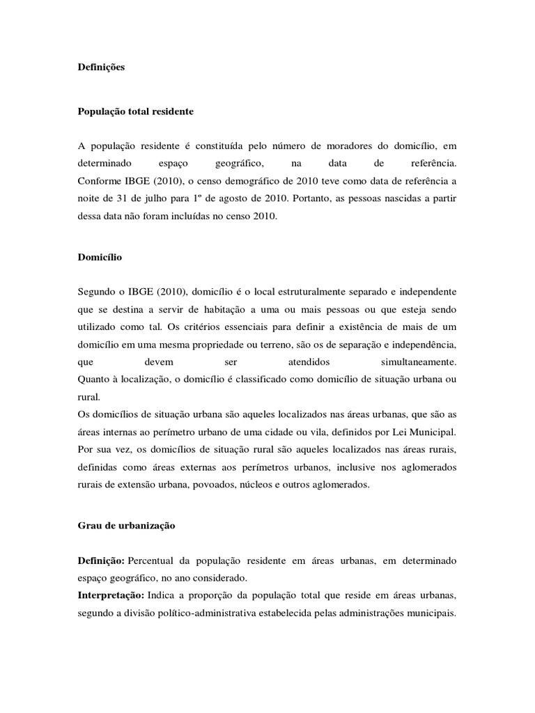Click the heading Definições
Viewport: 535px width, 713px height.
click(101, 68)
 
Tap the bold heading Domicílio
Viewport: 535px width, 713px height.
click(99, 257)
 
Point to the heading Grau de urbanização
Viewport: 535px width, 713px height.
click(126, 526)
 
